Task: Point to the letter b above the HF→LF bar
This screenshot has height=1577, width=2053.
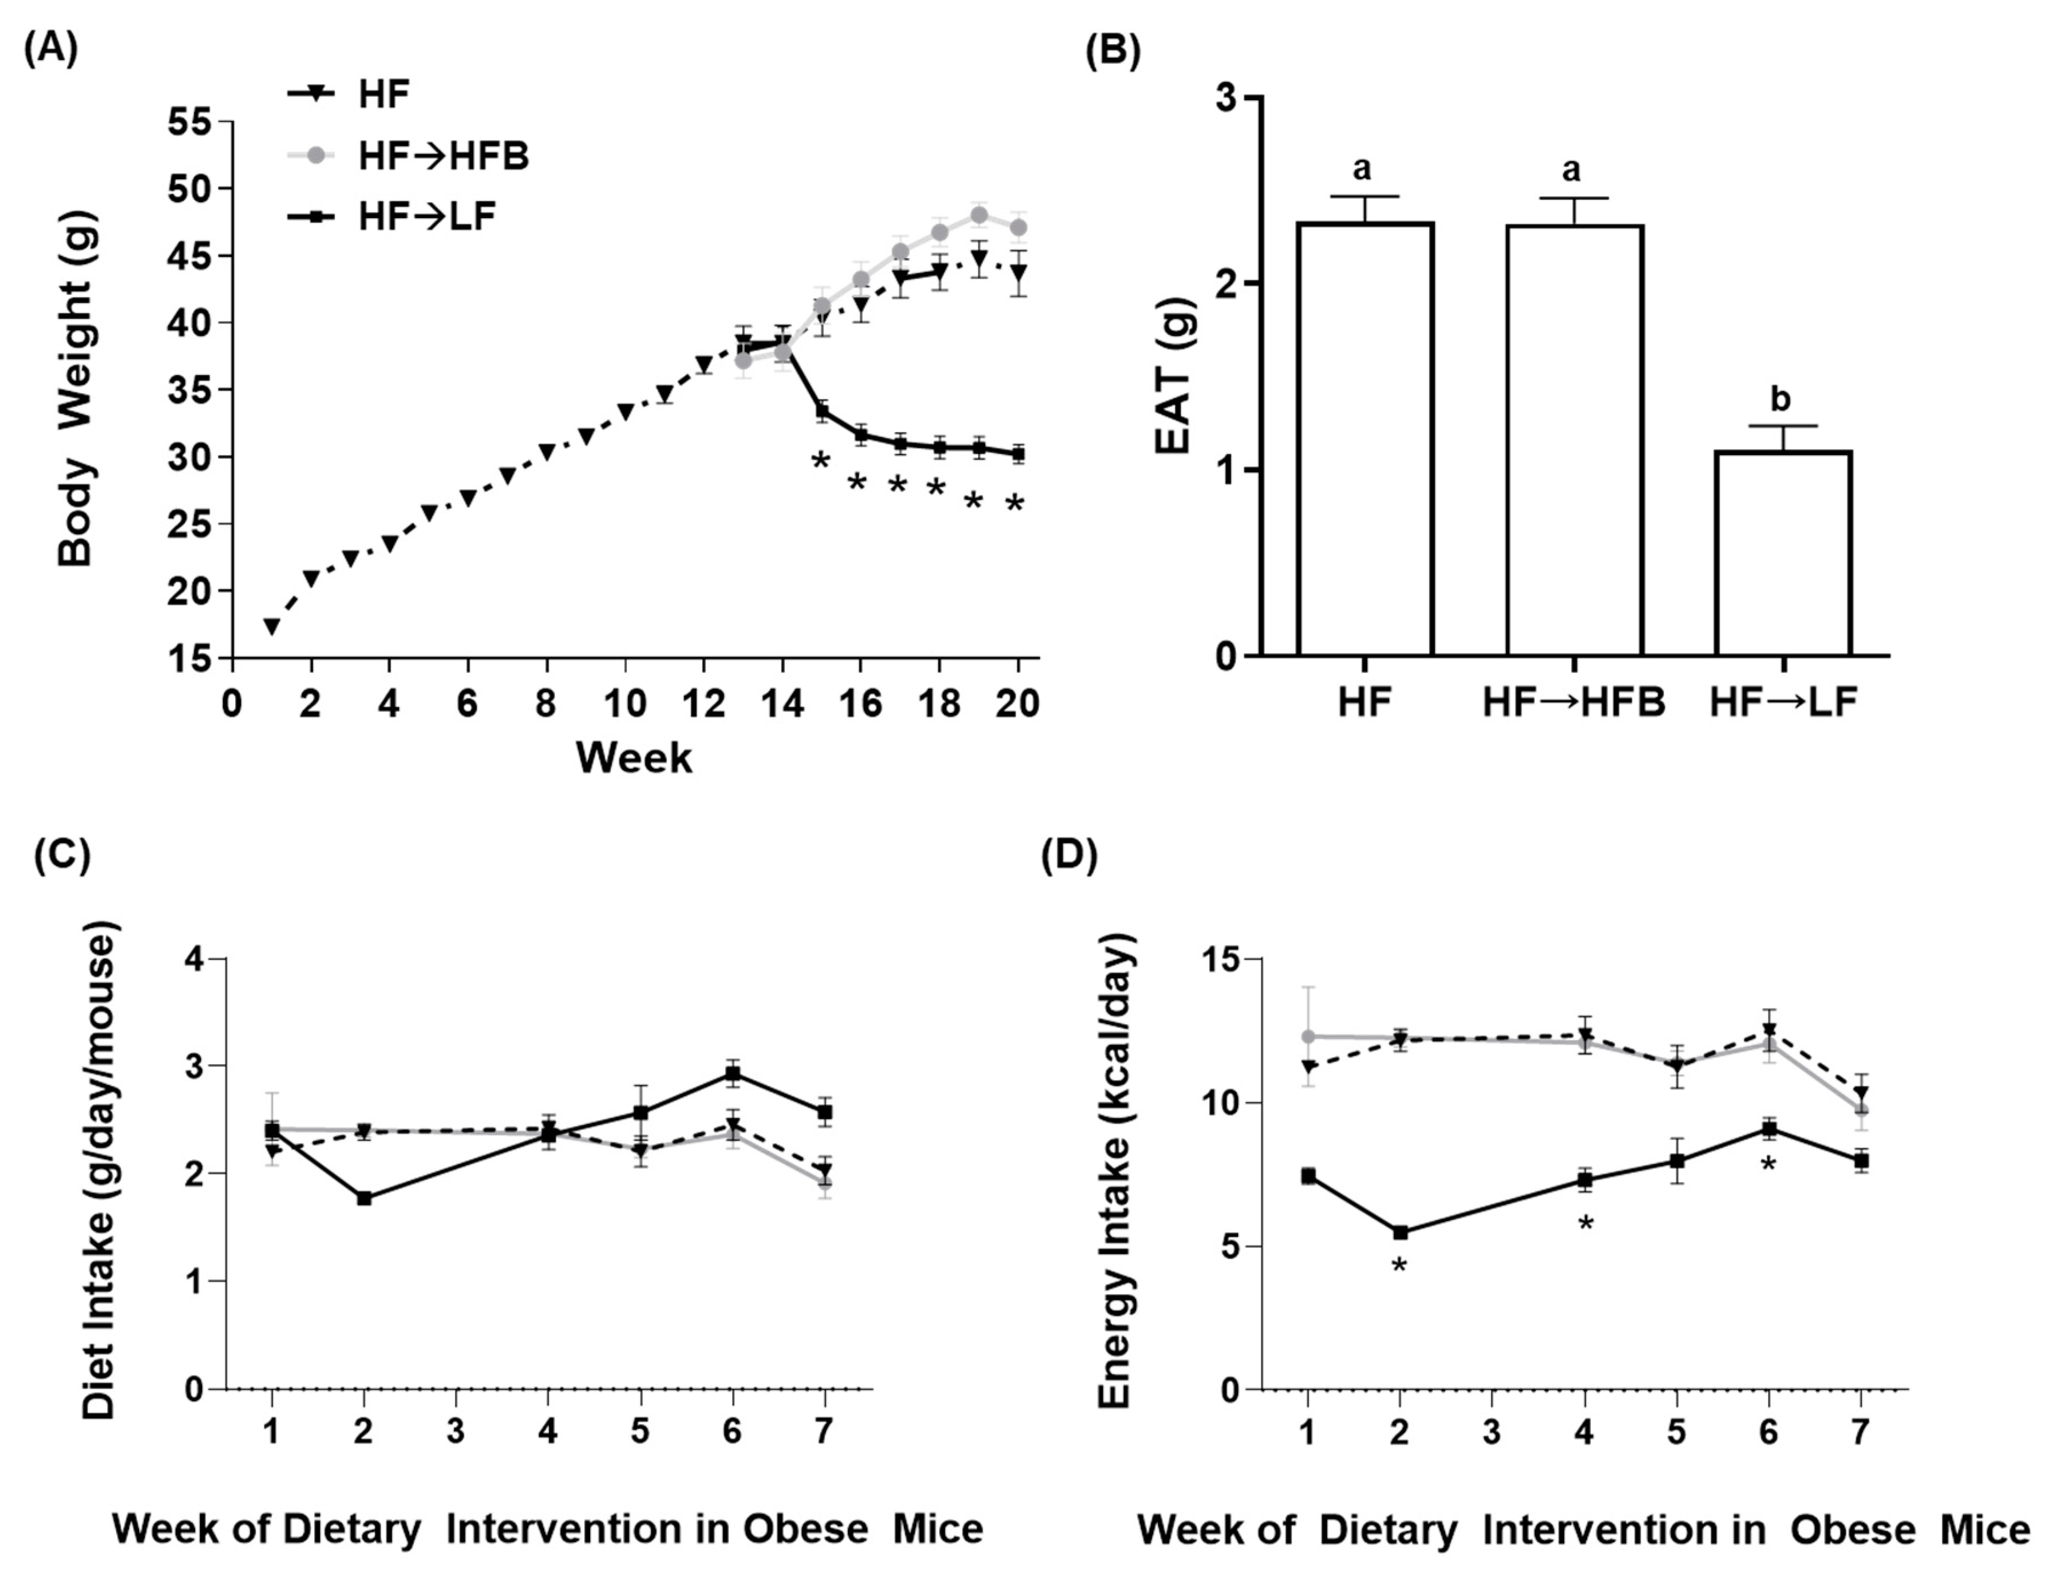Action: pos(1780,399)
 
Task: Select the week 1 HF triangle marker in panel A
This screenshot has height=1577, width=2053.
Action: pos(272,626)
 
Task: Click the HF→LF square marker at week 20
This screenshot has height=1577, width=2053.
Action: pos(1018,454)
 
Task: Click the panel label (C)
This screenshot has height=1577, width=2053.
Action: pos(62,856)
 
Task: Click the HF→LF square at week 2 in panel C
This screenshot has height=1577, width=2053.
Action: pos(364,1197)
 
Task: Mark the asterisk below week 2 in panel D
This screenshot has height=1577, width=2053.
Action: pos(1398,1266)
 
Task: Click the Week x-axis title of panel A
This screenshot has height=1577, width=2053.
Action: pos(634,757)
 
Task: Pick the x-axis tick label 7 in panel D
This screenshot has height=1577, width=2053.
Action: pos(1859,1432)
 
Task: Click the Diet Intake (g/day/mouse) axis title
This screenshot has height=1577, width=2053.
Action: pos(98,1173)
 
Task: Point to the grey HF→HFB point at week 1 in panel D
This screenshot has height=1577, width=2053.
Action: pos(1308,1036)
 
